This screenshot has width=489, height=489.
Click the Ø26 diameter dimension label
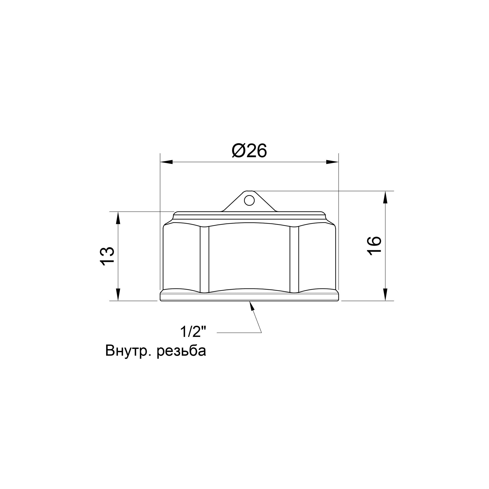click(x=249, y=151)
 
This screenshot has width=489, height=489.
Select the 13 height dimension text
click(x=107, y=256)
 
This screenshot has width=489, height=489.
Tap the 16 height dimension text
click(x=374, y=246)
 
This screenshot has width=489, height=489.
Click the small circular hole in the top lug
click(x=249, y=200)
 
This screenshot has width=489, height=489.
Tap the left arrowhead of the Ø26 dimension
click(x=167, y=162)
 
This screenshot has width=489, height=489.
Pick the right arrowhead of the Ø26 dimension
click(x=332, y=162)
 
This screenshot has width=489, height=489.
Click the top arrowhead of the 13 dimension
click(x=118, y=218)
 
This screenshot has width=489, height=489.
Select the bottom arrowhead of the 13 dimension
click(x=118, y=295)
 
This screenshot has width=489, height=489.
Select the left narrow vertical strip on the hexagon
click(x=204, y=259)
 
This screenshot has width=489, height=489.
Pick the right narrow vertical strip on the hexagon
click(x=294, y=259)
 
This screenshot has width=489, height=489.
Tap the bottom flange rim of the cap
click(x=249, y=297)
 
